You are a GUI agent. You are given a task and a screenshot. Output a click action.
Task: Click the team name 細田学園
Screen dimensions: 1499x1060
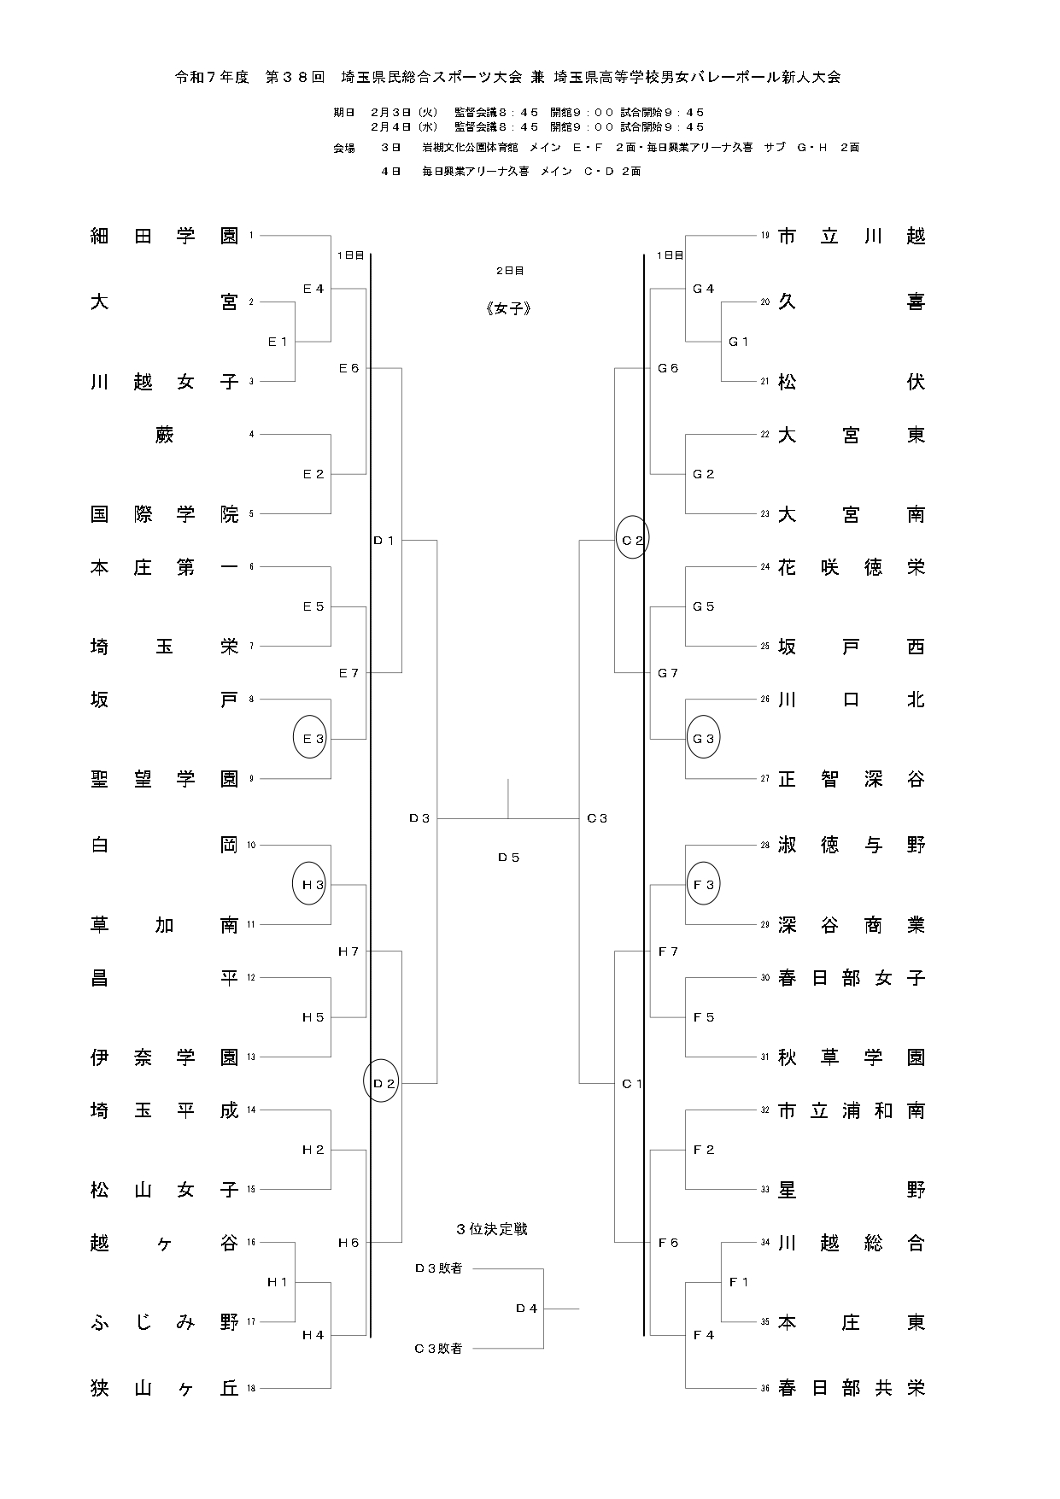[164, 236]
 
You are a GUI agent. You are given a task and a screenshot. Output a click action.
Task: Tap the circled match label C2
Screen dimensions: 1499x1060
[632, 540]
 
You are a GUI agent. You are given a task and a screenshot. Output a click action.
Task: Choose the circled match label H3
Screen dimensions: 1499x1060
[313, 885]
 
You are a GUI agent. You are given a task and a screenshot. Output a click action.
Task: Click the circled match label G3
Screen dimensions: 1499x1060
[704, 739]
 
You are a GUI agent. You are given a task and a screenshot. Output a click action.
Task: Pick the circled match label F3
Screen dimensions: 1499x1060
[704, 885]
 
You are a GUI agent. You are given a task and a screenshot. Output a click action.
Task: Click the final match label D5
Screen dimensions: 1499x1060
[509, 857]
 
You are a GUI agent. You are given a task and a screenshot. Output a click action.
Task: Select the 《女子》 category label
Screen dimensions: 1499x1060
[509, 309]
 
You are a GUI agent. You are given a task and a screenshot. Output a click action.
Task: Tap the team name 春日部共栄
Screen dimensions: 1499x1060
[851, 1389]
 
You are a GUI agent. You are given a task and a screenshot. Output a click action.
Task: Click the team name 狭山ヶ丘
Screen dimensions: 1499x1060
[164, 1389]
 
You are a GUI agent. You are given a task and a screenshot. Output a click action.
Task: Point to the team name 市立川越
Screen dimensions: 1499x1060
[851, 236]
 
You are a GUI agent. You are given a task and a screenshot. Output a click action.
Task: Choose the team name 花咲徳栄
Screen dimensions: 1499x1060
[851, 567]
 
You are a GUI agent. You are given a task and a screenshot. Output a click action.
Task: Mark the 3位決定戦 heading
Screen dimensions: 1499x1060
[492, 1229]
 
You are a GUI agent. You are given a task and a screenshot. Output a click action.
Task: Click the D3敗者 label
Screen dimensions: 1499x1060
[438, 1268]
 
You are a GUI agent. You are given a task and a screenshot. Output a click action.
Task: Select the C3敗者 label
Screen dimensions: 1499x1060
[438, 1349]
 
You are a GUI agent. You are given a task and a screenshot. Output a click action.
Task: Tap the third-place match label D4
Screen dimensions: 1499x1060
[527, 1308]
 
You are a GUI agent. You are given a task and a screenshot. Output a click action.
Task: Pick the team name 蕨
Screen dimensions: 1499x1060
[165, 435]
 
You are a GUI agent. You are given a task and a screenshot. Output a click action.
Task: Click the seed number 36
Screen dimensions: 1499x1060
[765, 1389]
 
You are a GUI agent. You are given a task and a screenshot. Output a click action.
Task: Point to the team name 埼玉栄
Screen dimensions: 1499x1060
[164, 647]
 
